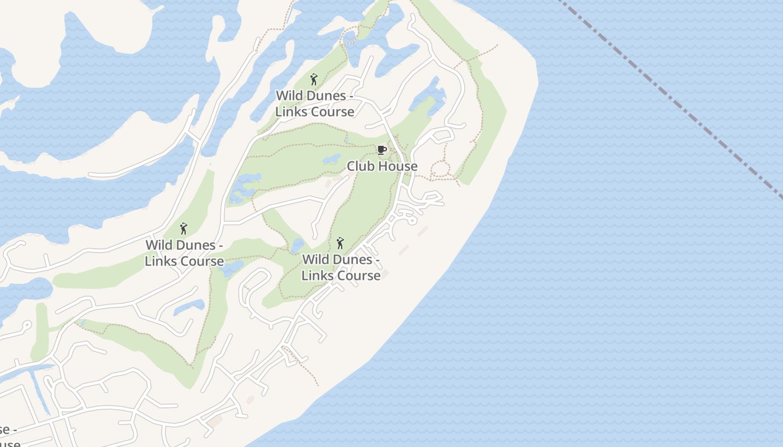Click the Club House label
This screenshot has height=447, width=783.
[382, 166]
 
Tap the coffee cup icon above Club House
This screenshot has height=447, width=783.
[381, 150]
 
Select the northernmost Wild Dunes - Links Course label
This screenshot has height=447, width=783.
[314, 103]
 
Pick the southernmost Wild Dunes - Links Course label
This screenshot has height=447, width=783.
[341, 267]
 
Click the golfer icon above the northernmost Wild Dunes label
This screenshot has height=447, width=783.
[313, 79]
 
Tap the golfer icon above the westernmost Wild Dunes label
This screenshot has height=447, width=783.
[183, 229]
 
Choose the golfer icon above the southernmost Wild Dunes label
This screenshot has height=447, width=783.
[340, 243]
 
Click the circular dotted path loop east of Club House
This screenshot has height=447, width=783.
[441, 169]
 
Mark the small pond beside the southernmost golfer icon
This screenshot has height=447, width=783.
[297, 245]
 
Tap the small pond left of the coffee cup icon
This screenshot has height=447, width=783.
[331, 159]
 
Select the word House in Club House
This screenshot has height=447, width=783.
[399, 166]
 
